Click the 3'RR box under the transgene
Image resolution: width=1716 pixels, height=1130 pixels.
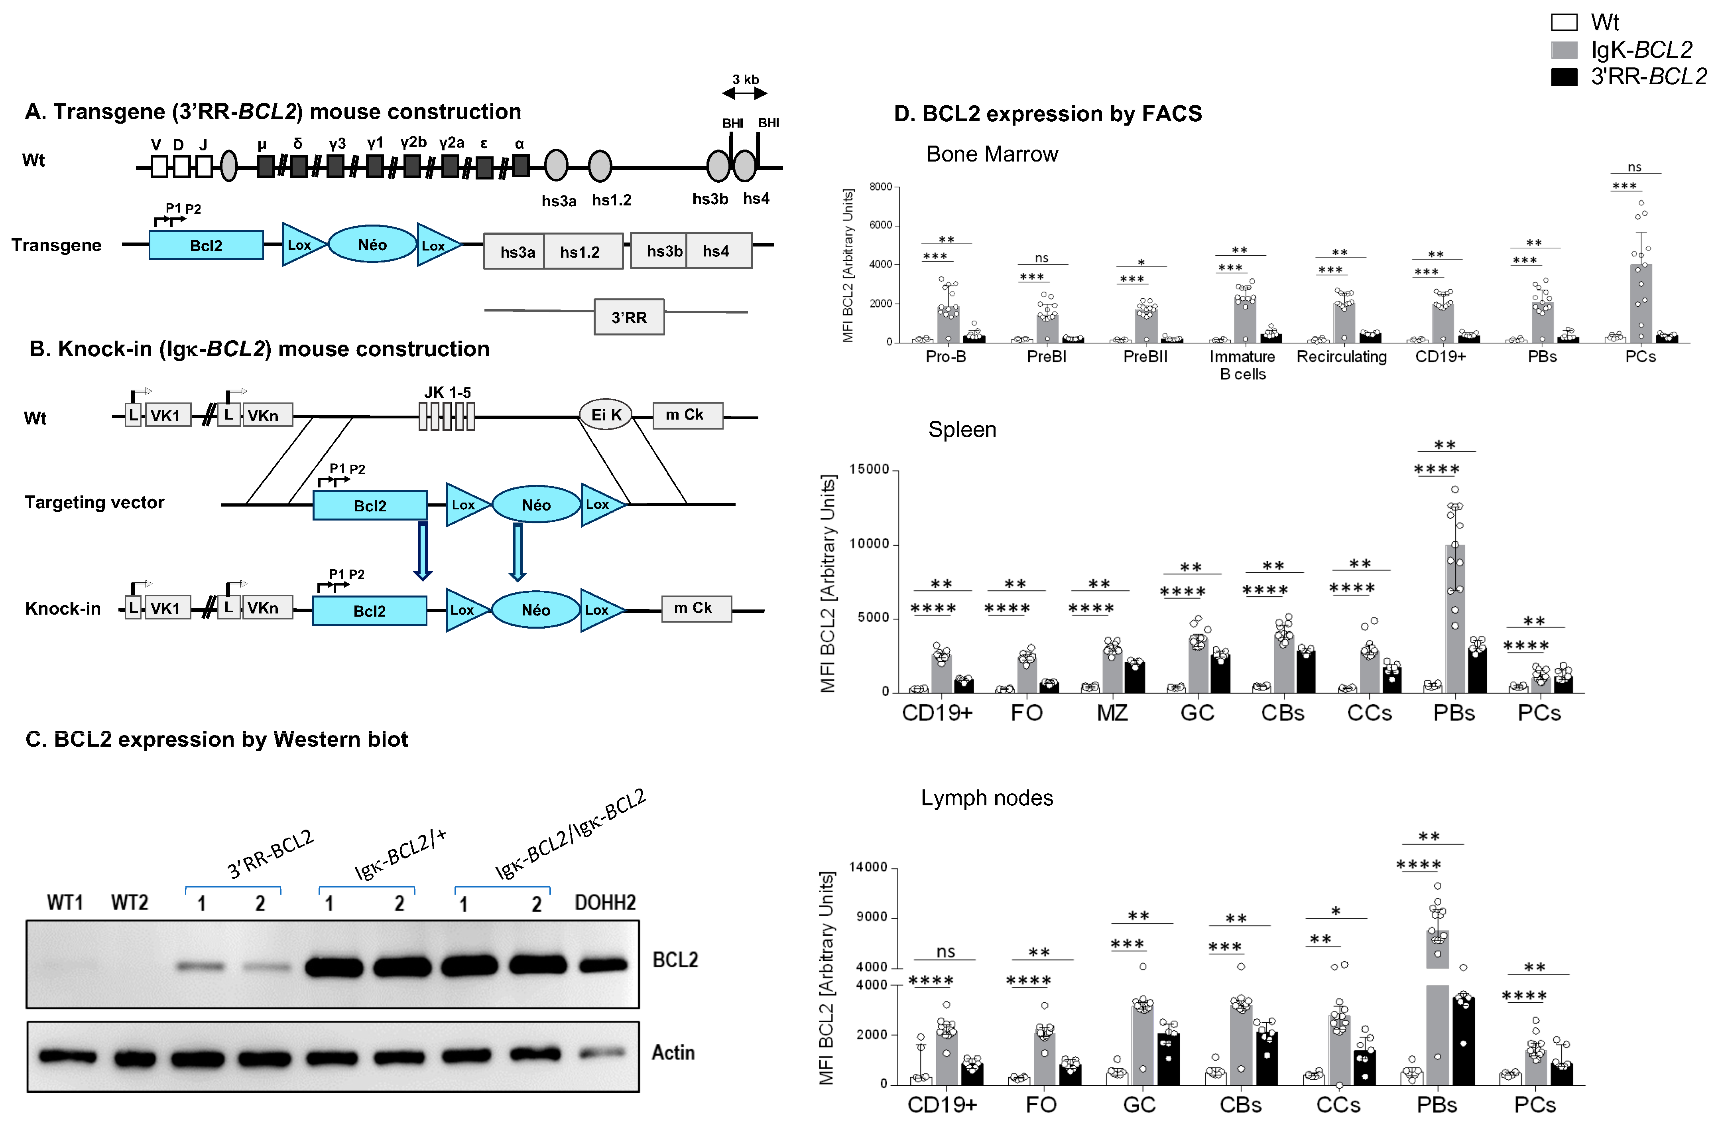(629, 317)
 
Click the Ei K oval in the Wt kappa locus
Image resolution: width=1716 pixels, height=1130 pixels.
(606, 415)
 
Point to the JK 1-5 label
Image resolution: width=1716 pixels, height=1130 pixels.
(447, 392)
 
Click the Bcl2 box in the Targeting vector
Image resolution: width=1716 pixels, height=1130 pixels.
(370, 505)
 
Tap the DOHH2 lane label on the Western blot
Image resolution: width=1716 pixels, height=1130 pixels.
(605, 903)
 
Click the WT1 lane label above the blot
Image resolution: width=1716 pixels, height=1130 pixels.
(65, 903)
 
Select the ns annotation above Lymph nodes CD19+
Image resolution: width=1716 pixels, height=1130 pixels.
(945, 952)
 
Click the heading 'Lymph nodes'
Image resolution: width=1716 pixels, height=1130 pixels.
(986, 798)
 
